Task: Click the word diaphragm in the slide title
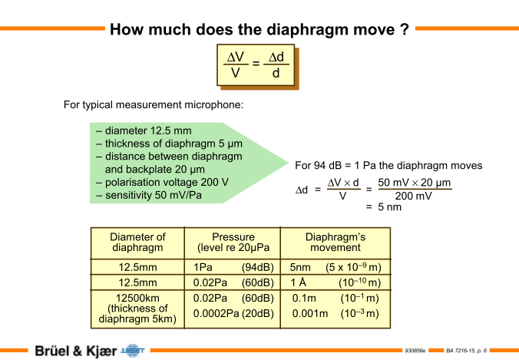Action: pyautogui.click(x=307, y=30)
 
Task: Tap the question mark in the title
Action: pyautogui.click(x=405, y=29)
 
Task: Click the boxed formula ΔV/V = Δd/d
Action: pyautogui.click(x=256, y=65)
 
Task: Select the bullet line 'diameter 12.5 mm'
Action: pyautogui.click(x=145, y=130)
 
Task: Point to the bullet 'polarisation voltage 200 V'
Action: pyautogui.click(x=163, y=183)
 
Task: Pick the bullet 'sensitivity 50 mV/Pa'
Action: pyautogui.click(x=149, y=195)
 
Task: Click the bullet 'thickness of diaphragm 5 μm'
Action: pyautogui.click(x=170, y=144)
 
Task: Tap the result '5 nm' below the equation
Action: pyautogui.click(x=389, y=207)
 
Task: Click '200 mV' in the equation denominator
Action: pyautogui.click(x=413, y=196)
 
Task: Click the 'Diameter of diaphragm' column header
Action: pyautogui.click(x=137, y=243)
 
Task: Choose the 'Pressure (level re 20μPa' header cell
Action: pyautogui.click(x=233, y=243)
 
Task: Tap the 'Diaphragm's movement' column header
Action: pyautogui.click(x=336, y=243)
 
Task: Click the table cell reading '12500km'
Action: pyautogui.click(x=137, y=298)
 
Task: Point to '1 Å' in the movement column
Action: pyautogui.click(x=298, y=282)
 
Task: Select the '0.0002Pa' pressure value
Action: pyautogui.click(x=216, y=313)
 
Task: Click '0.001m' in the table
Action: pyautogui.click(x=310, y=313)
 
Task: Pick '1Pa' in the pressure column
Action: pyautogui.click(x=203, y=267)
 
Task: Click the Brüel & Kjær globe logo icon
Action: pyautogui.click(x=133, y=351)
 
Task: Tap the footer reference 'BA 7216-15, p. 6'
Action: pyautogui.click(x=466, y=351)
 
